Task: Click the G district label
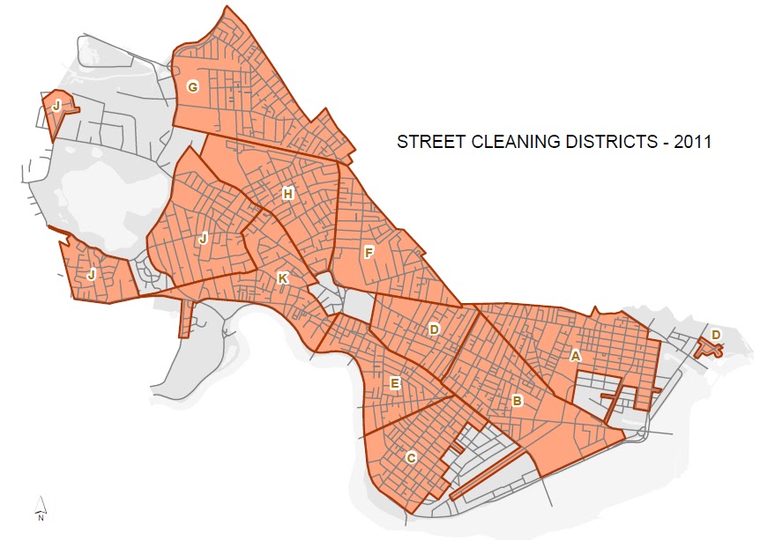coord(191,86)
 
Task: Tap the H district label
coord(287,194)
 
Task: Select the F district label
coord(369,253)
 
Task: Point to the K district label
coord(282,278)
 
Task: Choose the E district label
coord(396,383)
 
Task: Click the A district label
coord(576,356)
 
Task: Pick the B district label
coord(518,402)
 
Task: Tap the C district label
coord(411,457)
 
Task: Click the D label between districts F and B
coord(434,329)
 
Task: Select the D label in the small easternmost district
coord(716,335)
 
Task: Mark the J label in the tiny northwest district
coord(56,105)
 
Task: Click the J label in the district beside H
coord(203,238)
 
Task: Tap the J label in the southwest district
coord(92,274)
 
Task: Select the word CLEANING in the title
coord(507,141)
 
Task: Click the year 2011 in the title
coord(692,141)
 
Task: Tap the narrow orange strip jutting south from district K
coord(184,318)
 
